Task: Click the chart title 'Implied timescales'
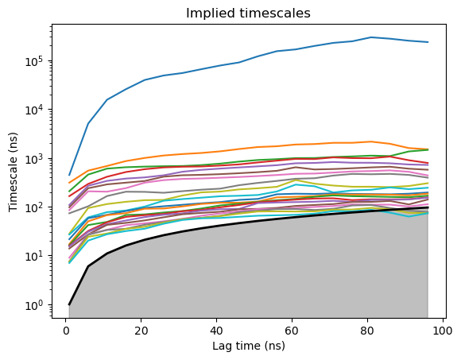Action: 248,14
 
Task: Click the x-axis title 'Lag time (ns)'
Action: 249,346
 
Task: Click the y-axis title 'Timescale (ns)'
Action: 13,172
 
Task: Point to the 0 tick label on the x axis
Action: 66,331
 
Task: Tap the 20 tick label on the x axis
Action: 141,331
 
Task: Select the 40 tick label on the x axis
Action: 216,331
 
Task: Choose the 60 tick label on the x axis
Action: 292,331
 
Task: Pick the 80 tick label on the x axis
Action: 367,331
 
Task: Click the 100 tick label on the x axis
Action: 442,331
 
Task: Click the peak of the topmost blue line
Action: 371,37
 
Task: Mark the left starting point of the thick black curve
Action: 69,304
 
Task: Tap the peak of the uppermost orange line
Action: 371,141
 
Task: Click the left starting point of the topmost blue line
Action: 69,176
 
